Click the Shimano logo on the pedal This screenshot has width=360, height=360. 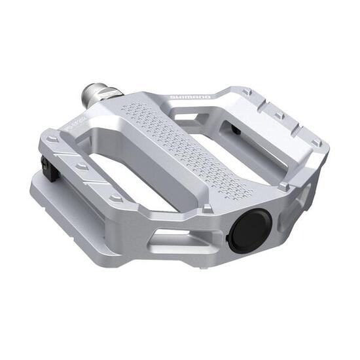190,97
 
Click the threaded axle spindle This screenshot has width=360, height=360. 91,97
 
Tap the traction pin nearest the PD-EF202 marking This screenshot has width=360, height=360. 52,139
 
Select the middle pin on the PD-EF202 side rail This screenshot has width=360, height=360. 82,167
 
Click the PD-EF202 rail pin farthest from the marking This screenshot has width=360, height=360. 116,197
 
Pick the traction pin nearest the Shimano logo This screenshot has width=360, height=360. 246,93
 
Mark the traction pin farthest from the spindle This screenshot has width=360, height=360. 316,143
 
